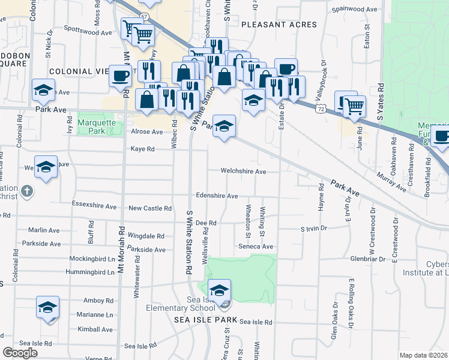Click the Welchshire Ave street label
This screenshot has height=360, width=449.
click(243, 172)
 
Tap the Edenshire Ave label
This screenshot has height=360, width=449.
click(217, 196)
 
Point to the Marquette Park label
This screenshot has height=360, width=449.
click(91, 127)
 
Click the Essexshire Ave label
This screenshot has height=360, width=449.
click(94, 206)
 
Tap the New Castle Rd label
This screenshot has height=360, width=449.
click(150, 209)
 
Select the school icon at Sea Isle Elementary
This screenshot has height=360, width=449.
click(220, 291)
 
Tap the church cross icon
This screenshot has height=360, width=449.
click(26, 192)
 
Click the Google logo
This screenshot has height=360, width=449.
click(20, 353)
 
